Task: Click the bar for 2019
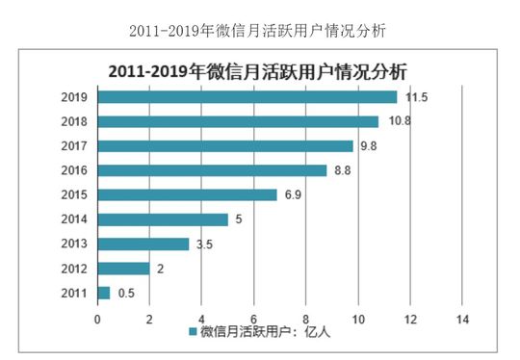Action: [247, 97]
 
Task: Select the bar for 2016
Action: [212, 170]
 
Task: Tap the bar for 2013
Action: [143, 244]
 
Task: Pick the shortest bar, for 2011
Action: [104, 293]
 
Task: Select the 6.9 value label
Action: [293, 194]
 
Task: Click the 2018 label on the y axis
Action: [73, 122]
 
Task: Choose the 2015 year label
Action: [73, 194]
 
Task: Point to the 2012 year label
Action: [73, 269]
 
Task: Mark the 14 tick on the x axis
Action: [462, 318]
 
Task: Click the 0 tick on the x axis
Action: [97, 318]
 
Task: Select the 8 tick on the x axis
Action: [306, 318]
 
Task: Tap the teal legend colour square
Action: [192, 332]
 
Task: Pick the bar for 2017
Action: [225, 146]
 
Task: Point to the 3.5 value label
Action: [204, 244]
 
